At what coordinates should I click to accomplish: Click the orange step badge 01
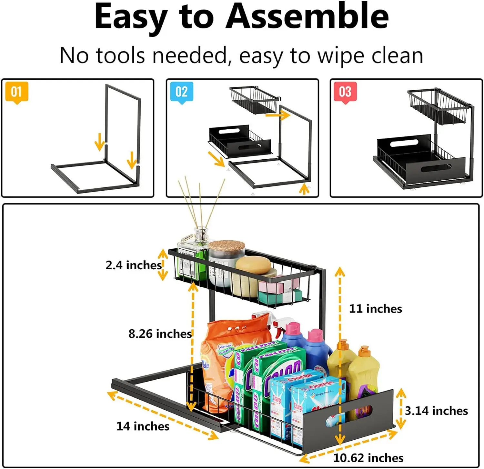tap(16, 92)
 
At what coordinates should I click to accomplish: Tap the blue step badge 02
tap(181, 92)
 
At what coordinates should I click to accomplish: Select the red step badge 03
tap(345, 92)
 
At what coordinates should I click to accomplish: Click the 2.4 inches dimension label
tap(133, 265)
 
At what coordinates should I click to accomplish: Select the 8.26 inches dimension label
tap(160, 334)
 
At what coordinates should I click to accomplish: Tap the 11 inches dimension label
tap(375, 309)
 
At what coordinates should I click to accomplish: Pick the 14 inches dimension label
tap(143, 426)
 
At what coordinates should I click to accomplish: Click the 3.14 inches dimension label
tap(436, 411)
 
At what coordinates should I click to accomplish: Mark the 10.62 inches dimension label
tap(368, 458)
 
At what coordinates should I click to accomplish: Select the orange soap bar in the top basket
tap(253, 265)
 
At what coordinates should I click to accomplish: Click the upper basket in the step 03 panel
tap(437, 106)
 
